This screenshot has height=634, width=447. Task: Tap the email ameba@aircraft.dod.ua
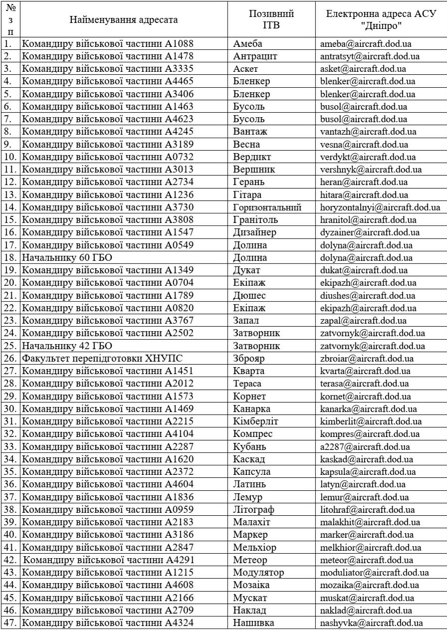coord(366,43)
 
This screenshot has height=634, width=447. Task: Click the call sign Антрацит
coord(255,55)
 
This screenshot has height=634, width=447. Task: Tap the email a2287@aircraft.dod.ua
coord(365,447)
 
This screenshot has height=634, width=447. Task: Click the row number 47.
coord(10,623)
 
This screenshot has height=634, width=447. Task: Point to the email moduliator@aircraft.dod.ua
coord(375,572)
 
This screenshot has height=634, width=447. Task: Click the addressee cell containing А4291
coord(109,560)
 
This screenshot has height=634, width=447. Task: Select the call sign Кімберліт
coord(255,422)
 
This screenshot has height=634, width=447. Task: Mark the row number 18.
coord(10,258)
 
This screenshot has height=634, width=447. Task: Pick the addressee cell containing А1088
coord(107,43)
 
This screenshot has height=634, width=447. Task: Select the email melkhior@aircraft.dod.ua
coord(371,547)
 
